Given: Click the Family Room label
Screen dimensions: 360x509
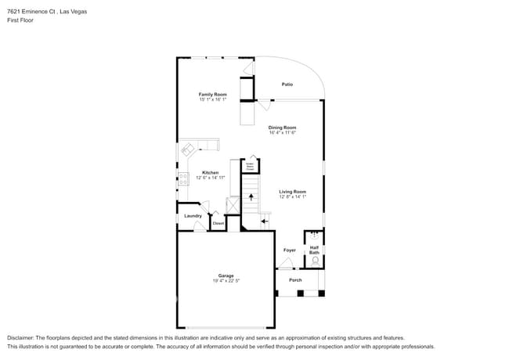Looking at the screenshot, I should point(212,94).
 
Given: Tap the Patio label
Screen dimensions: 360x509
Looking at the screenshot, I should point(287,85).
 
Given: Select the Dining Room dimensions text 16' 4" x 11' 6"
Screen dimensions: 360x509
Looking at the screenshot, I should point(282,132).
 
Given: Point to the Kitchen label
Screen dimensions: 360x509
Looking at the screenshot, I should point(210,172).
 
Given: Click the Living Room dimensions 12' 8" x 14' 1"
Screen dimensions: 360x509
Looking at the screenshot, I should point(293,196).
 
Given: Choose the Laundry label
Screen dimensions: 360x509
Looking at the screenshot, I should point(193,216).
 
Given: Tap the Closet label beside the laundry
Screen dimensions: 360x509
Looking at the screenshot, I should point(218,224).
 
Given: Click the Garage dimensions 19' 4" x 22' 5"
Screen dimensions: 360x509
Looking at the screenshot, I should point(226,280).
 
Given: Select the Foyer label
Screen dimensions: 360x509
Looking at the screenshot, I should point(289,250).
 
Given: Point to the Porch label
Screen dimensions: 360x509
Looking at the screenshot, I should point(295,279).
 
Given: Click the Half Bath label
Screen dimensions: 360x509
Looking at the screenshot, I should point(314,250).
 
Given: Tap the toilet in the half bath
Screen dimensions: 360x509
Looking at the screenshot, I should point(315,262).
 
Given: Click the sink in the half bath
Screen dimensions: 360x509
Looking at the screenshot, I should point(315,234).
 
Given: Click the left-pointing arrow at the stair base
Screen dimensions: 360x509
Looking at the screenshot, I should point(264,221).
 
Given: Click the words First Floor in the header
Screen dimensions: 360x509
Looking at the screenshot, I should point(20,20).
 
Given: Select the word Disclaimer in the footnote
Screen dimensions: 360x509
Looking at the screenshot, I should point(21,337).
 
